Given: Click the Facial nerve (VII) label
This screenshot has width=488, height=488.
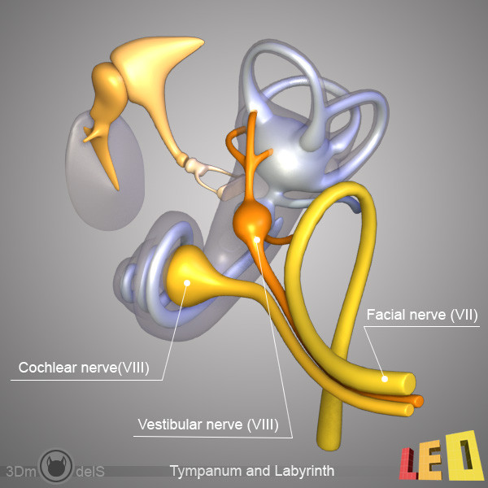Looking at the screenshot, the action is click(421, 315).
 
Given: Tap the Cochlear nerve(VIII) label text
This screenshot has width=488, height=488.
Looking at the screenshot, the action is click(84, 368).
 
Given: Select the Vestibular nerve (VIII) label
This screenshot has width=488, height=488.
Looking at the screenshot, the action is click(208, 425).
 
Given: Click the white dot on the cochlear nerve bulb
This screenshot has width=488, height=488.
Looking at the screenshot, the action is click(187, 282).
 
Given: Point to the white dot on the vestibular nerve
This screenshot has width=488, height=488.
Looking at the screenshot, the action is click(257, 239).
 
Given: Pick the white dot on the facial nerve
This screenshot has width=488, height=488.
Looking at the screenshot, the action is click(385, 379).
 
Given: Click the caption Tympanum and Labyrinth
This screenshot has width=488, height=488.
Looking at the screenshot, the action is click(252, 471).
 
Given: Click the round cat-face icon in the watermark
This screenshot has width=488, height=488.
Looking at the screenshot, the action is click(56, 466).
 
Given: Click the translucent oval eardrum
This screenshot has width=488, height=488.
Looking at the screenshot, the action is click(105, 170).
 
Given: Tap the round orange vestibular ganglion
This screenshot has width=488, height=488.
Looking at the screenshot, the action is click(252, 219).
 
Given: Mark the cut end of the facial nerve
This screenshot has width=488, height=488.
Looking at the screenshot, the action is click(410, 383).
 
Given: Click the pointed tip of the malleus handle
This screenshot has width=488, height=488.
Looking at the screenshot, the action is click(117, 189).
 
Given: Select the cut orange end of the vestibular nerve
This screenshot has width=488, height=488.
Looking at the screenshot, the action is click(419, 401).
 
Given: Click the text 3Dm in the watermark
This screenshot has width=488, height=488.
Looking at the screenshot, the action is click(21, 472).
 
